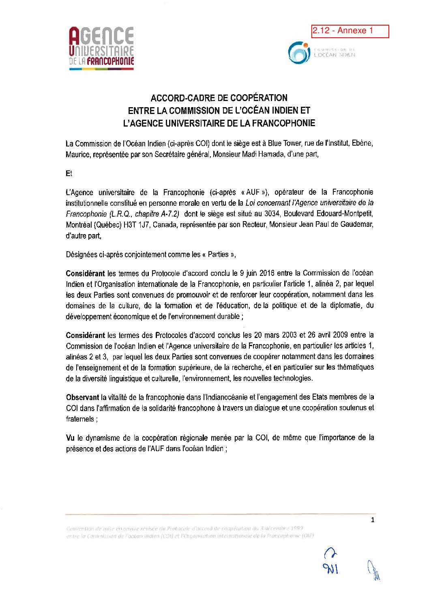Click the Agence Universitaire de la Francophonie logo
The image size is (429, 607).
tap(101, 48)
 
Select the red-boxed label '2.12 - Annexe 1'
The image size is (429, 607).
tap(350, 31)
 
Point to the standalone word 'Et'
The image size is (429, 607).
tap(69, 174)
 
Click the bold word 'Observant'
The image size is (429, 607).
tap(82, 397)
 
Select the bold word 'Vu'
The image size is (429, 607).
tap(70, 438)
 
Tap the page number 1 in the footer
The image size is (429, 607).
tap(373, 520)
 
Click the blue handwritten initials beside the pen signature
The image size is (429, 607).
tap(330, 562)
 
